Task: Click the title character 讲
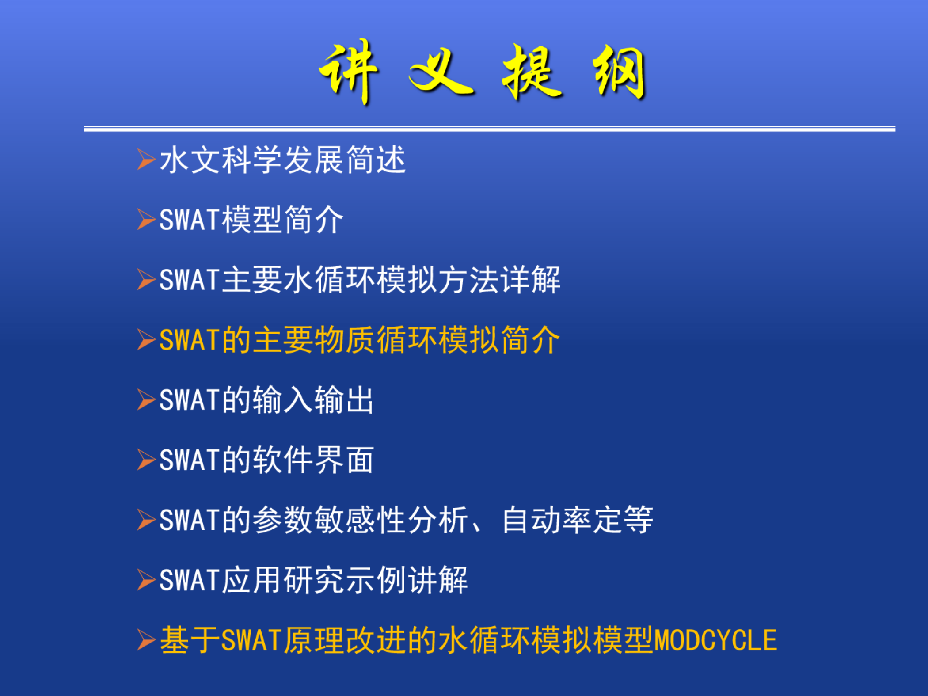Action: pos(349,72)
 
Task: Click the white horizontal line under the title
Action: pos(490,129)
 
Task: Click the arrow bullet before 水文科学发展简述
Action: pos(146,160)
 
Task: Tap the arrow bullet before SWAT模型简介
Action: pos(146,220)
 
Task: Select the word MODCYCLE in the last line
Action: pos(715,640)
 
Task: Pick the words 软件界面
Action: pos(313,460)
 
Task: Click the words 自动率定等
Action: pos(578,520)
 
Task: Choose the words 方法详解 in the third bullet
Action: pos(499,280)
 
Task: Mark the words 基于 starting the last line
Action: pos(190,640)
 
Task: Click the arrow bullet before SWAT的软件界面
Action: pos(146,460)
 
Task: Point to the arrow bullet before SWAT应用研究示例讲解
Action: pos(146,580)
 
